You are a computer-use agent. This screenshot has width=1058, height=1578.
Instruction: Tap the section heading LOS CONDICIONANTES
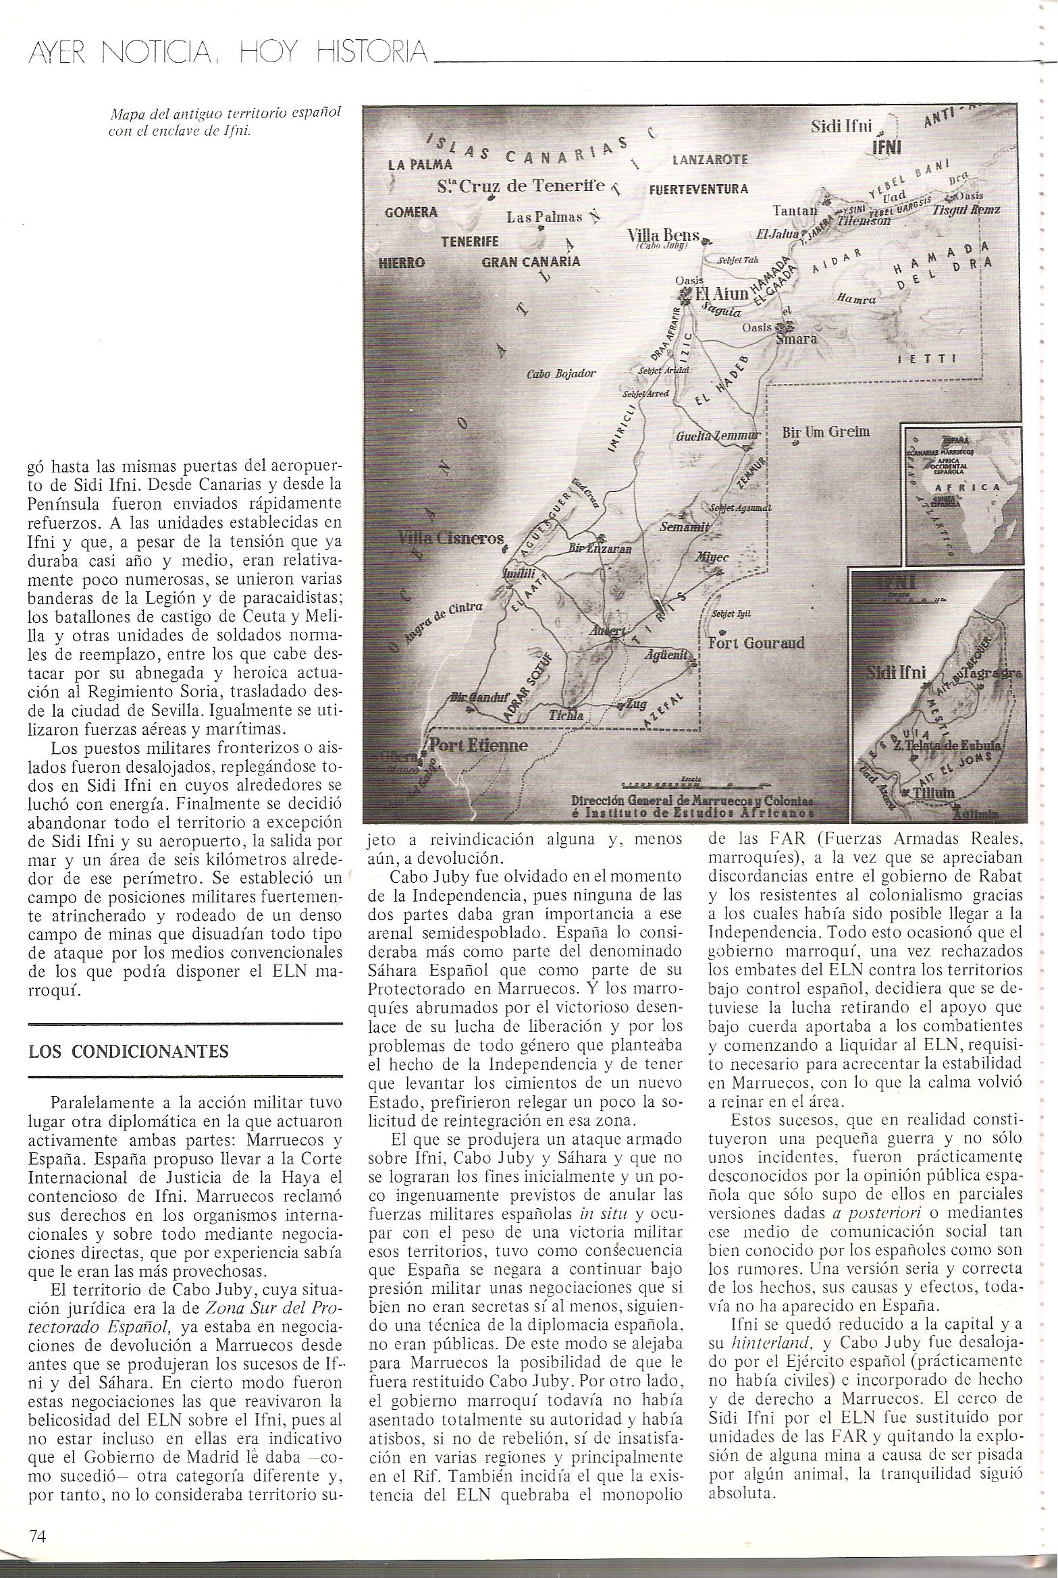pos(128,1051)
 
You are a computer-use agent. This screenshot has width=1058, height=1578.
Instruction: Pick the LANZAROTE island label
pos(710,160)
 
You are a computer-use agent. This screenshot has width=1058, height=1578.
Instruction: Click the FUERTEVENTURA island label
pos(698,189)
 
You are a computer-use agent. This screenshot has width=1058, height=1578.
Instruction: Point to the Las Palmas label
pos(544,217)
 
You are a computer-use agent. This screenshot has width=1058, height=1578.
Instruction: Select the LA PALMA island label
pos(419,164)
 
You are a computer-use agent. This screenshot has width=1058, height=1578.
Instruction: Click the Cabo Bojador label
pos(561,373)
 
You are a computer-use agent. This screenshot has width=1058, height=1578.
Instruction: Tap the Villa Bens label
pos(660,236)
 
